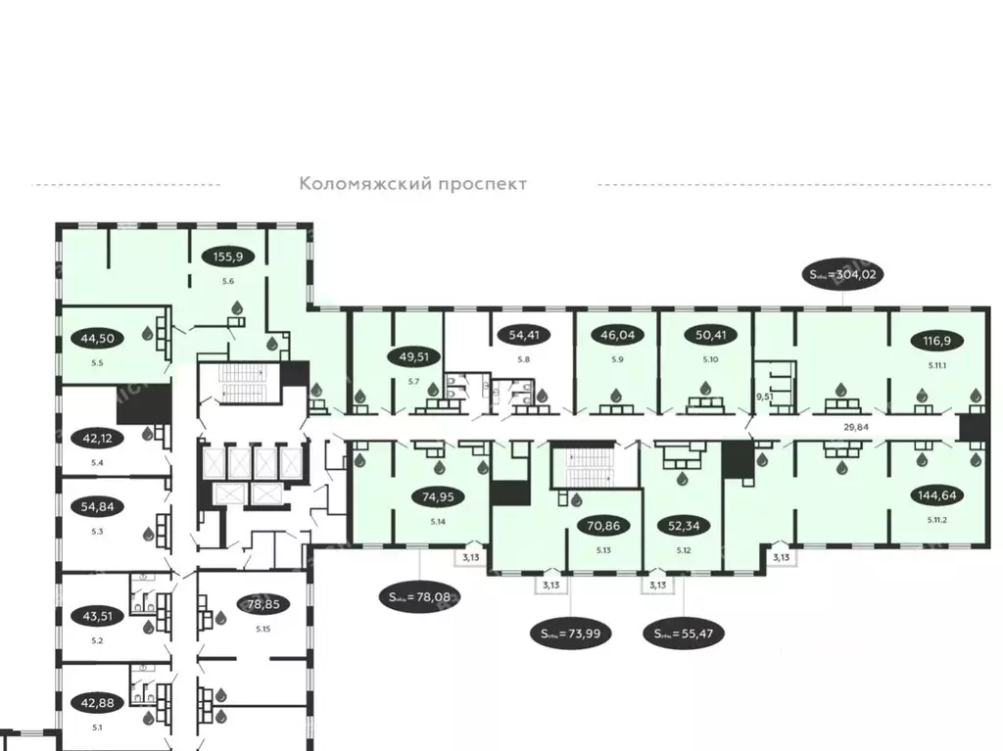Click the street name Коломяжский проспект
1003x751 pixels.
coord(412,183)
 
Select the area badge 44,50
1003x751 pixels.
coord(97,340)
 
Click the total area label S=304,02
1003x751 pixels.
coord(842,275)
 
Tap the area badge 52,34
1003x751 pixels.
coord(682,526)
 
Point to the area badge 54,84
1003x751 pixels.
coord(96,506)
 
